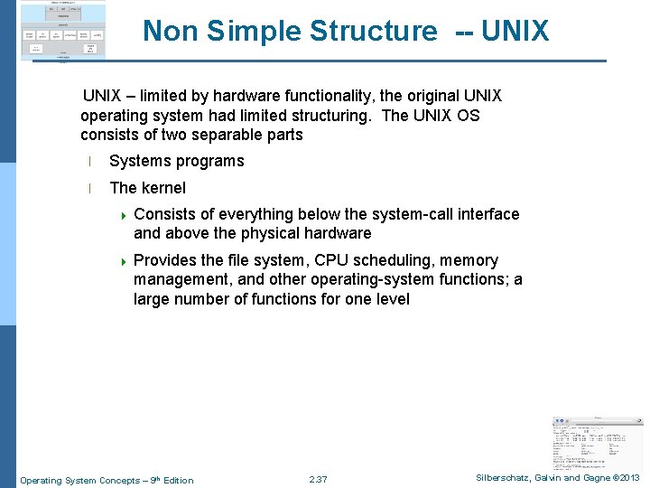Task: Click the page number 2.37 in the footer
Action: pyautogui.click(x=318, y=480)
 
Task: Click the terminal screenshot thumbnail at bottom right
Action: pyautogui.click(x=597, y=444)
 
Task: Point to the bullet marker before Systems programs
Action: pyautogui.click(x=89, y=162)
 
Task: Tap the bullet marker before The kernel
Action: pyautogui.click(x=89, y=189)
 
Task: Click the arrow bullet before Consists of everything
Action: pyautogui.click(x=124, y=215)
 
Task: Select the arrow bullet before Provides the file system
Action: pyautogui.click(x=124, y=261)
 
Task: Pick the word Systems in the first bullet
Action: pyautogui.click(x=137, y=161)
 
